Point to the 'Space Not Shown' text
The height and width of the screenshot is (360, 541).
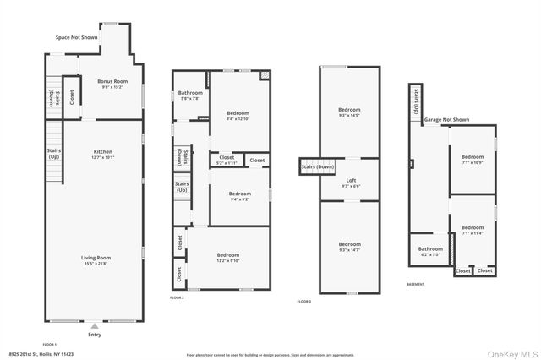(78, 38)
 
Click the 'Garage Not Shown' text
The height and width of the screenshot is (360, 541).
(446, 120)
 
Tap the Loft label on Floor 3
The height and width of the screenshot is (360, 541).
(350, 183)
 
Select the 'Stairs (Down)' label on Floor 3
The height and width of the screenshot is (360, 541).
(318, 167)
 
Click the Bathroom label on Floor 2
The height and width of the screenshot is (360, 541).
(190, 95)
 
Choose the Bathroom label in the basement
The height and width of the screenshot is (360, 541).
(430, 251)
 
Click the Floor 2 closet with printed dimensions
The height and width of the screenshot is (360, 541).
(227, 159)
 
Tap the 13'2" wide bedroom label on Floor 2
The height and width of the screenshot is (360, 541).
(227, 257)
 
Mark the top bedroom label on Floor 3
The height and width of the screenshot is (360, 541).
(349, 112)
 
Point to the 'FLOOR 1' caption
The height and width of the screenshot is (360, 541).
(49, 344)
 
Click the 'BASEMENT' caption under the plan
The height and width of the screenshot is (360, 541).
(416, 285)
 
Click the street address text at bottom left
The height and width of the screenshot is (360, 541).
(41, 354)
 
